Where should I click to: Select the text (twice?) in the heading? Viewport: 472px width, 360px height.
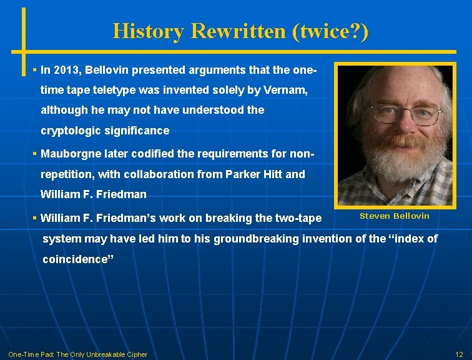(330, 31)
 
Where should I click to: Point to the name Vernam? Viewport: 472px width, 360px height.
(287, 90)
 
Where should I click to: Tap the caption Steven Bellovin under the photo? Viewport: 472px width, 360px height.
(394, 216)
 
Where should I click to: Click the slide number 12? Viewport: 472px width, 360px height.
(459, 354)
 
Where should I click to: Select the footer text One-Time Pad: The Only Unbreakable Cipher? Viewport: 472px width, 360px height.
(77, 354)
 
